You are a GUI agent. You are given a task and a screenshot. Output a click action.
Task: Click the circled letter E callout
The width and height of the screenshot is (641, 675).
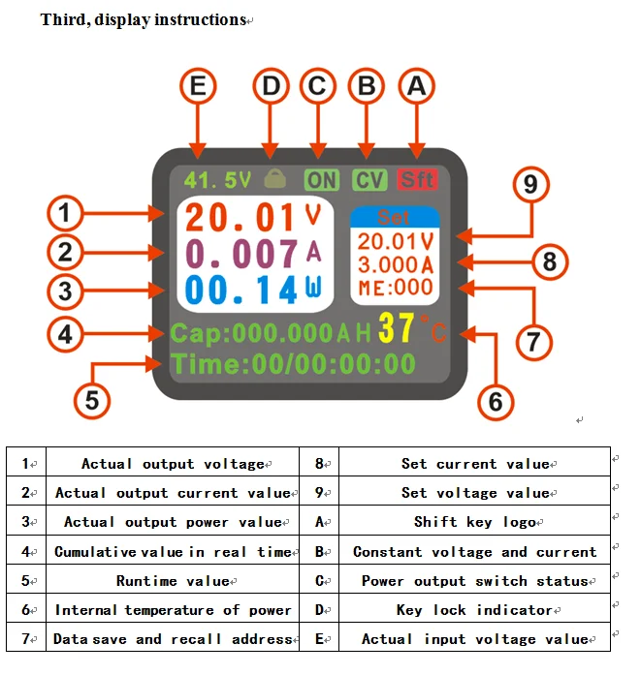tap(198, 86)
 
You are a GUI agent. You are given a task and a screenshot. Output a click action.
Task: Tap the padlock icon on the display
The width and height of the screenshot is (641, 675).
tap(275, 178)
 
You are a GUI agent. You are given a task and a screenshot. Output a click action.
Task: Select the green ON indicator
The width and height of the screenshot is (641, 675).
tap(322, 179)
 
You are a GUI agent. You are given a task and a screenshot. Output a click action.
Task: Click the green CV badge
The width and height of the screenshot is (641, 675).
tap(369, 179)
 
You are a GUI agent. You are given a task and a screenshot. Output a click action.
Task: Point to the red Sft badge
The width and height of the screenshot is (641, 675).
tap(417, 179)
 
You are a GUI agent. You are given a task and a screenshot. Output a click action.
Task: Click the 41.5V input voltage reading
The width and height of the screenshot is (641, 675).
tap(217, 180)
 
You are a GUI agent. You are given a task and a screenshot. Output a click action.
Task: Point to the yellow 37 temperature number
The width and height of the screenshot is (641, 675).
tap(397, 328)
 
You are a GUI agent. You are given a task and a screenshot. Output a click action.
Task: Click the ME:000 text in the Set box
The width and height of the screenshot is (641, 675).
tap(396, 287)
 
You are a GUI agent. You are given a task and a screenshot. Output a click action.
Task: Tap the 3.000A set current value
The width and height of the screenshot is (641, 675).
tap(396, 264)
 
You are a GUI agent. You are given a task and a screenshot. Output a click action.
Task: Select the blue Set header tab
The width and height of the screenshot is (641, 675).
tap(395, 217)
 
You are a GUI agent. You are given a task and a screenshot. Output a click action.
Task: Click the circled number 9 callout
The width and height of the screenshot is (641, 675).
tap(530, 185)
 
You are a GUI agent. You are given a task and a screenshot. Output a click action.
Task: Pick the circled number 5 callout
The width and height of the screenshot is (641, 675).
tap(92, 400)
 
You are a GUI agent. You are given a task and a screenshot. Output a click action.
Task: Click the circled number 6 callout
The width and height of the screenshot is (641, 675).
tap(496, 402)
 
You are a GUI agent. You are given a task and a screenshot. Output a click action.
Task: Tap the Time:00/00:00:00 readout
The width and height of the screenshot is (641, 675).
tap(293, 365)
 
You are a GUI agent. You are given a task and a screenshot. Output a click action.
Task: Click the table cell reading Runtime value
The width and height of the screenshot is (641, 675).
tap(173, 580)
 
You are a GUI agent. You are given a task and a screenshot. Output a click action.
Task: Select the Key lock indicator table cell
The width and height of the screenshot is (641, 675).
tap(474, 609)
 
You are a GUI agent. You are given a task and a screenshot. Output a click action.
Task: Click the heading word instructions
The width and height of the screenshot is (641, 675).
tap(201, 19)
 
